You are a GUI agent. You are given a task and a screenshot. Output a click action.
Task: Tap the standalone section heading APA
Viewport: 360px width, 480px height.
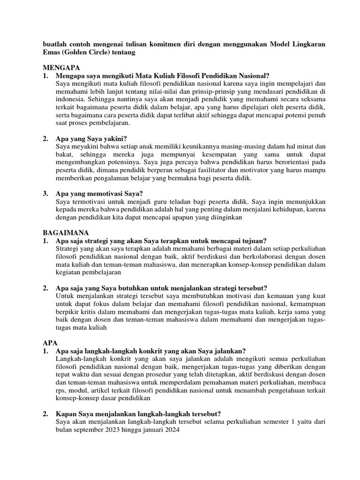pyautogui.click(x=49, y=343)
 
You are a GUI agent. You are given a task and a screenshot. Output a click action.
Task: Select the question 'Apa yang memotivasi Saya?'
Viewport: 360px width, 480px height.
pyautogui.click(x=99, y=193)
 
